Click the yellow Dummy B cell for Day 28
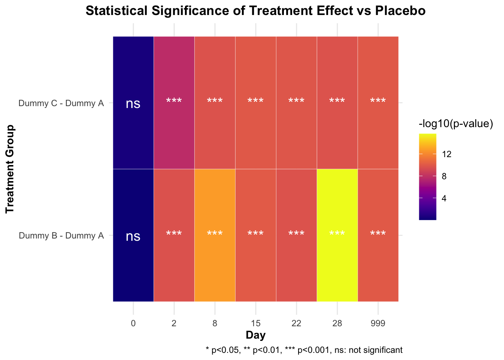(x=337, y=235)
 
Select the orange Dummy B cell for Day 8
(x=215, y=235)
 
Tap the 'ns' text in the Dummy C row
(x=133, y=103)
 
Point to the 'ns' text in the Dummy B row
(x=133, y=236)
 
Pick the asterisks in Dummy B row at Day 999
(x=378, y=234)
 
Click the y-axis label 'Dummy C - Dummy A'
(x=61, y=103)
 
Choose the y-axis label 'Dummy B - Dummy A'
(x=61, y=236)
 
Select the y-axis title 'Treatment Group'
(x=10, y=169)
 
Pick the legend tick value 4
(x=444, y=198)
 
